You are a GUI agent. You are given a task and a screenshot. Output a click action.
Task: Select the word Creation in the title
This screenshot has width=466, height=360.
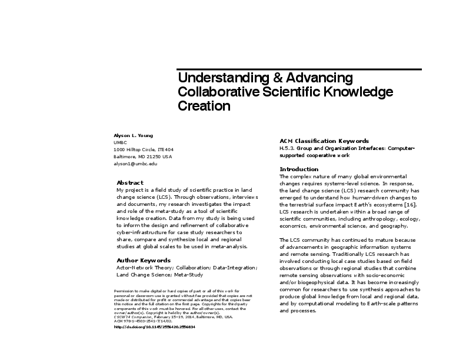point(204,106)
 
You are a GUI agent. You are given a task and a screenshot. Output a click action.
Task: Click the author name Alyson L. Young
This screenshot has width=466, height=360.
point(129,135)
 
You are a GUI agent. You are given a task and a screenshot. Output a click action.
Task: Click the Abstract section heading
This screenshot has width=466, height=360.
point(129,182)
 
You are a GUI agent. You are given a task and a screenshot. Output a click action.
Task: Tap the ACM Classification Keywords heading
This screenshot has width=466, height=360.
point(324,141)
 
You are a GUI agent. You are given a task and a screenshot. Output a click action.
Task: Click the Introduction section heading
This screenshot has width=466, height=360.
point(299,169)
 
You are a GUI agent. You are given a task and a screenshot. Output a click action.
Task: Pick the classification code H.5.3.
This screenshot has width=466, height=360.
point(287,149)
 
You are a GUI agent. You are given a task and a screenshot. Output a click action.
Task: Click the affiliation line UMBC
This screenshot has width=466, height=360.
point(119,142)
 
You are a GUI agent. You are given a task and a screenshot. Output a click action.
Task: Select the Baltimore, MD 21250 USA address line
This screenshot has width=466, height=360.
point(143,156)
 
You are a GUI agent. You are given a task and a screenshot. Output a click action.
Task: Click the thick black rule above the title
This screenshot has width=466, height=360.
point(300,69)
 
